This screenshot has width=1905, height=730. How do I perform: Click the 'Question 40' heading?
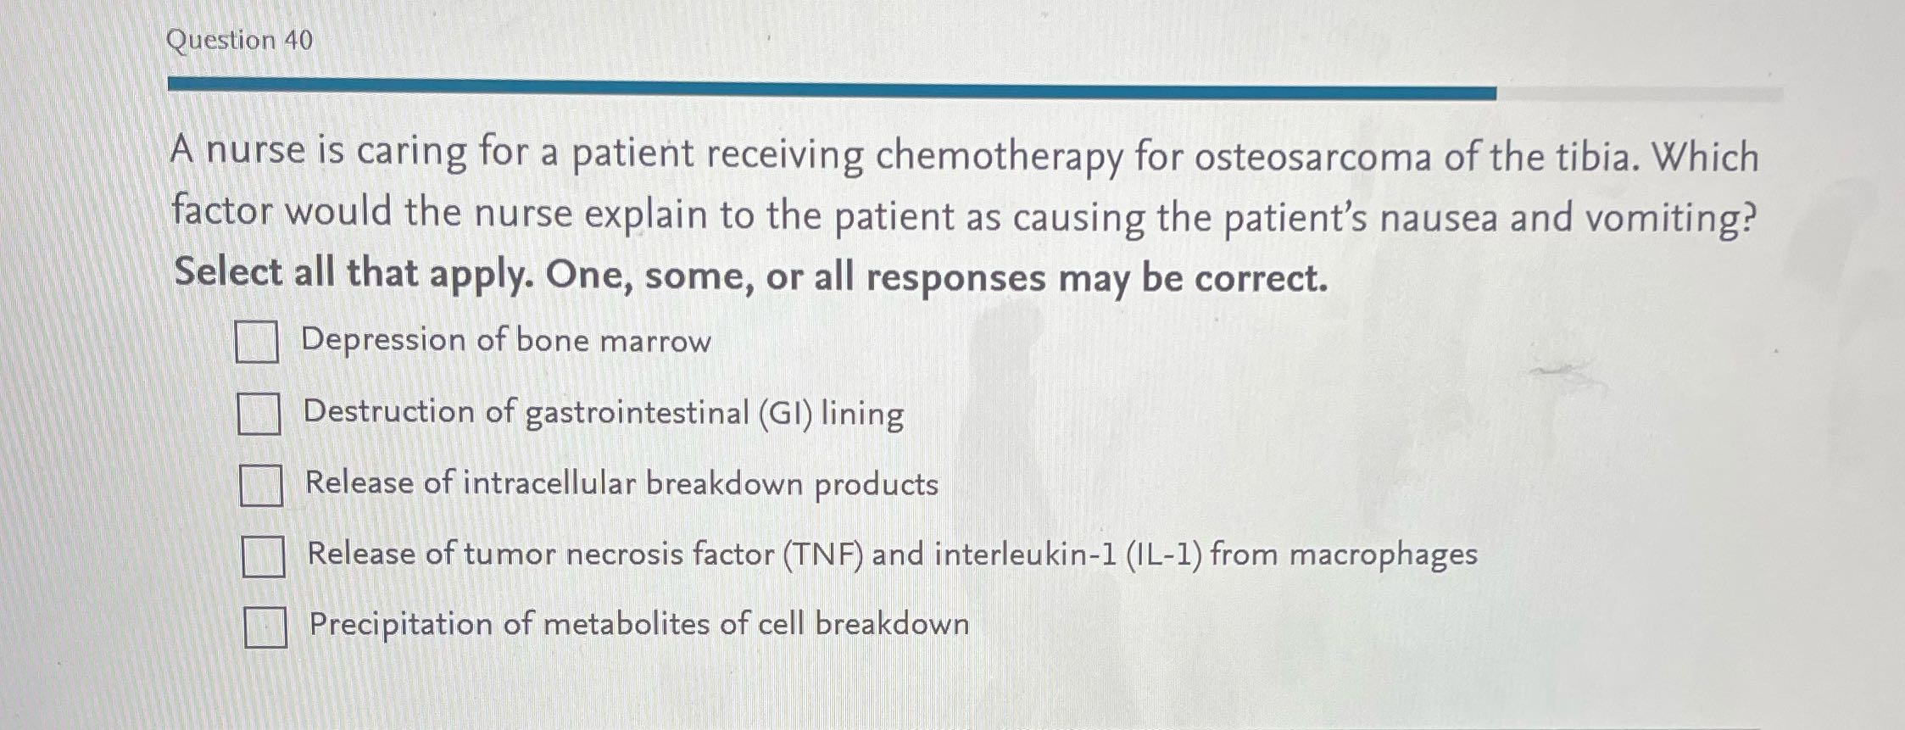pos(240,40)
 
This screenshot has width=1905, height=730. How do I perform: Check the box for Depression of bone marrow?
pos(256,342)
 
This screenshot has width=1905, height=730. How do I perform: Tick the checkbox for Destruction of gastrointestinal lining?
pos(259,413)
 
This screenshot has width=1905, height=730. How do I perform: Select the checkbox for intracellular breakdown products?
pos(260,485)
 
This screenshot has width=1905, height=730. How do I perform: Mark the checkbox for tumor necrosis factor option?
pos(263,556)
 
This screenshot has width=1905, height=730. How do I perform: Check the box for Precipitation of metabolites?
pos(265,627)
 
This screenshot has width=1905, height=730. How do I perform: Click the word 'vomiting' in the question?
pos(1668,218)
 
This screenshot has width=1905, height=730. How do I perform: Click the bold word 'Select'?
pos(227,273)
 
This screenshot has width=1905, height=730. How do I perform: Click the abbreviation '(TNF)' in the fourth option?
pos(823,554)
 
